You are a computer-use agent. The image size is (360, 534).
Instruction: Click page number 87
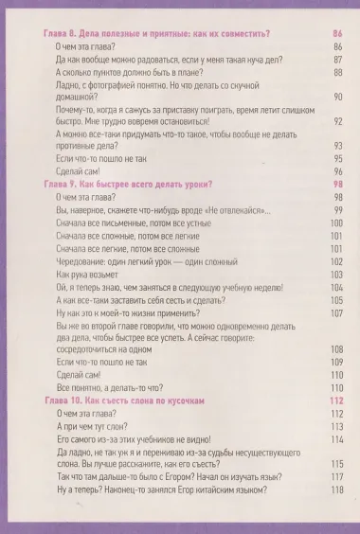click(x=337, y=59)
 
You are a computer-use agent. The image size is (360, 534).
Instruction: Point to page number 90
click(x=337, y=98)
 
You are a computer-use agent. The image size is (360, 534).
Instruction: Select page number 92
click(x=337, y=121)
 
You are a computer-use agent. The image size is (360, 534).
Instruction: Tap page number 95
click(x=337, y=157)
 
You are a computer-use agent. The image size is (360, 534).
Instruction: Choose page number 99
click(x=337, y=208)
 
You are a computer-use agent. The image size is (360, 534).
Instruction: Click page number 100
click(x=335, y=222)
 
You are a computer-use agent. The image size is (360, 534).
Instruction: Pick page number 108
click(x=335, y=348)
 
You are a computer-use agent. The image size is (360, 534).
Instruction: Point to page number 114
click(x=335, y=439)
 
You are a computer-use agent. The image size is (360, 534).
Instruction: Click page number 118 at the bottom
click(x=335, y=490)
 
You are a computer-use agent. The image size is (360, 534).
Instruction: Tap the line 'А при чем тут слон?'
click(x=96, y=426)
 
